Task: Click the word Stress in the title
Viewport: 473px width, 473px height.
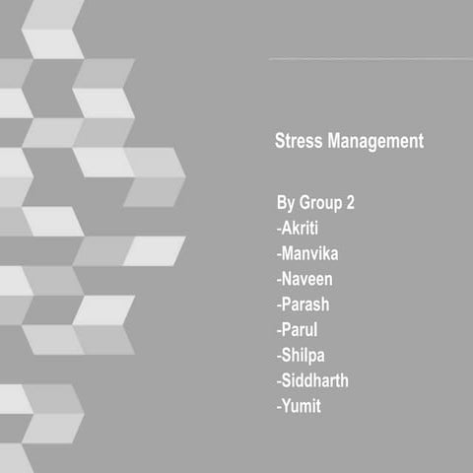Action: coord(298,142)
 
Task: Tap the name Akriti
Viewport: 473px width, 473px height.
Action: coord(307,229)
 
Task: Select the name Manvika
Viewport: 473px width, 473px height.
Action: coord(314,253)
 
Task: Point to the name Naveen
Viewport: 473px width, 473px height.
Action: coord(311,279)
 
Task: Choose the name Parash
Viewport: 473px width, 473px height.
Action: coord(309,304)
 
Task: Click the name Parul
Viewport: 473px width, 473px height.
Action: coord(304,329)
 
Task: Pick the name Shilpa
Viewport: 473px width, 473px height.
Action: coord(307,355)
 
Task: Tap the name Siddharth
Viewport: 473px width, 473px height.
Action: coord(317,379)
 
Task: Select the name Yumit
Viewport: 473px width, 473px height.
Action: coord(304,405)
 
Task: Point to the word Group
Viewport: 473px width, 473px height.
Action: coord(318,204)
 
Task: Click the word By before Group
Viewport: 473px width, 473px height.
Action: coord(285,204)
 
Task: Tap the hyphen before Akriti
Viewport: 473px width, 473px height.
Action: coord(278,230)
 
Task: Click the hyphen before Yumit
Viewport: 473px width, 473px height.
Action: coord(278,406)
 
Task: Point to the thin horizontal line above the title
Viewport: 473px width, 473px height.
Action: coord(370,59)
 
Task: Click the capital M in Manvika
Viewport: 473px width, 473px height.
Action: coord(289,253)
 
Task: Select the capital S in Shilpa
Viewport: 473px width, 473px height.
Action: coord(287,355)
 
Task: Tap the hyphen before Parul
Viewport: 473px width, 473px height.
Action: coord(278,330)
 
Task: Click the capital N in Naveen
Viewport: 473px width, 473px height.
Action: coord(288,279)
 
